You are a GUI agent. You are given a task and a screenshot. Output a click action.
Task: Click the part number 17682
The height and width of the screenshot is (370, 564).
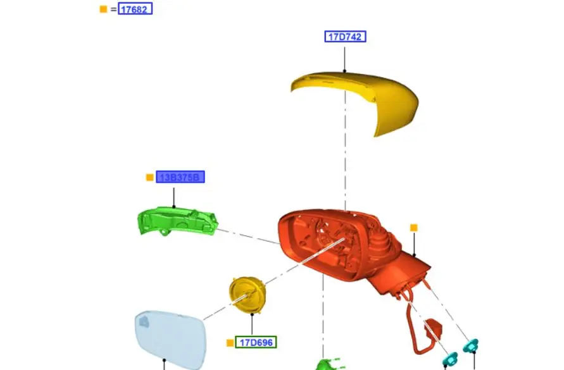point(135,9)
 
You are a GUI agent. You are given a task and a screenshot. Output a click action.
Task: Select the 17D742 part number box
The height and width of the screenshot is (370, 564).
point(345,37)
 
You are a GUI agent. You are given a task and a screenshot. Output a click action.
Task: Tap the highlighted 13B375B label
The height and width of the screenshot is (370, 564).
point(180,178)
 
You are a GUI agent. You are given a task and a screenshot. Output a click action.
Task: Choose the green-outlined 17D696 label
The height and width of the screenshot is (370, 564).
point(256,343)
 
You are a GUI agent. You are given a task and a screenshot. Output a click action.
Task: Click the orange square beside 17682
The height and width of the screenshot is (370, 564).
point(104,9)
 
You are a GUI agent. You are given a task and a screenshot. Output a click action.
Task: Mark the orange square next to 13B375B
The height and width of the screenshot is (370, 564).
point(150,178)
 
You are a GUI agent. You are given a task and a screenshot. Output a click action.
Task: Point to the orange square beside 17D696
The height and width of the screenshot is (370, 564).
point(230,343)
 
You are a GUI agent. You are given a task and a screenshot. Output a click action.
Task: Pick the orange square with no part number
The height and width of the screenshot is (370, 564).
point(414,228)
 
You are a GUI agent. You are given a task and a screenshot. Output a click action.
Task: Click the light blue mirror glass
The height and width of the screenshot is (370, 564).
point(168,338)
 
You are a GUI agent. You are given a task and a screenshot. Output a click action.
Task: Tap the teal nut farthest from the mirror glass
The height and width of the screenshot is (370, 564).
point(471,346)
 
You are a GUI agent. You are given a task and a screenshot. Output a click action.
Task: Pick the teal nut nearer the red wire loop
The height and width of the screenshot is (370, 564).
point(450,359)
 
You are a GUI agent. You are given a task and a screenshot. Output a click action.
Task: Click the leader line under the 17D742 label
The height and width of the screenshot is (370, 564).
point(345,57)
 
